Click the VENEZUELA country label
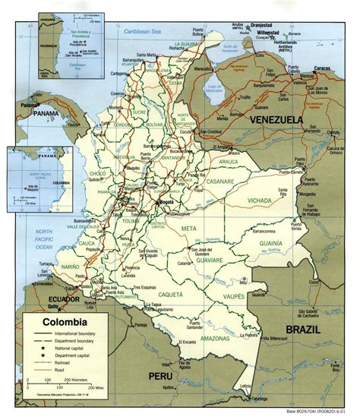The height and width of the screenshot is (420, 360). click(272, 121)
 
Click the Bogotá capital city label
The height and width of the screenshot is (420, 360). click(188, 204)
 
